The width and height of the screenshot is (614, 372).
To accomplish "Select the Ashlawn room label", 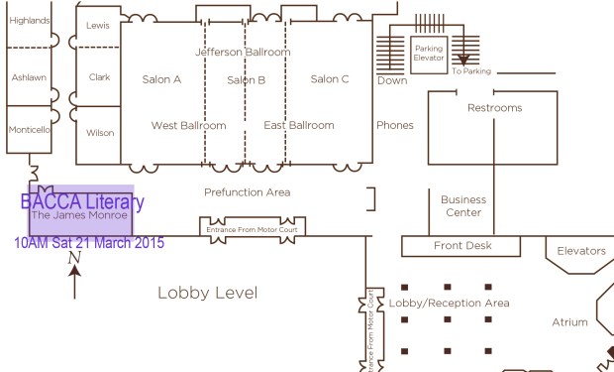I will [x=29, y=77].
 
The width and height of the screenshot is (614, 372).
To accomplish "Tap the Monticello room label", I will [x=30, y=130].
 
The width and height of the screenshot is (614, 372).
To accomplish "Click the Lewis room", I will [x=98, y=25].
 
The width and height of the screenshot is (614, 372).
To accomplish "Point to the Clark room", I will [x=99, y=76].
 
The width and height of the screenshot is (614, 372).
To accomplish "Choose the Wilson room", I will [x=99, y=132].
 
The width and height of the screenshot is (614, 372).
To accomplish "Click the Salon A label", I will [x=162, y=80].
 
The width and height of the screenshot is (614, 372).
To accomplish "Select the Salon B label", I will [x=246, y=80].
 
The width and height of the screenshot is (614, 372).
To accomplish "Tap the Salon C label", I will [x=330, y=80].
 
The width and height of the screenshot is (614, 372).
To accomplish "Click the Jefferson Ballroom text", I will [x=243, y=52].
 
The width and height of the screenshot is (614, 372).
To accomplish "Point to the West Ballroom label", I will [x=188, y=126].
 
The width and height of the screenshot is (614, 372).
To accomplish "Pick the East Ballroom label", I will [x=299, y=126].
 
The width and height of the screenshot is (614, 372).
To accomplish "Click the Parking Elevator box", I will [x=429, y=54].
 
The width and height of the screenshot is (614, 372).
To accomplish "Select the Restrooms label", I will [x=494, y=108].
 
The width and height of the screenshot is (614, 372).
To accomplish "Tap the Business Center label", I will [x=463, y=206].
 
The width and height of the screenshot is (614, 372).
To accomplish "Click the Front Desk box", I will [x=462, y=246].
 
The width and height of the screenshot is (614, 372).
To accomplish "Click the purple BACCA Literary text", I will [x=82, y=202].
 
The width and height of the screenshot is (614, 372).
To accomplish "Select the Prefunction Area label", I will [x=247, y=192].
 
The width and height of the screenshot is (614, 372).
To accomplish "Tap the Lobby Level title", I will [x=207, y=293].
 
